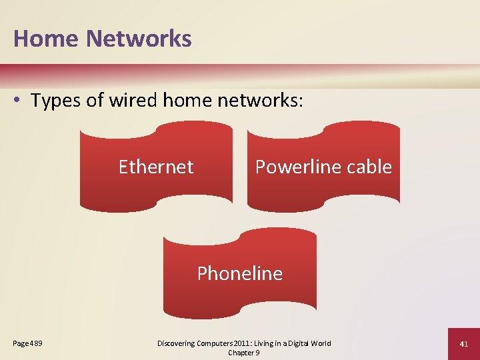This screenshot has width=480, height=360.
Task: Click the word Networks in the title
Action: [x=139, y=39]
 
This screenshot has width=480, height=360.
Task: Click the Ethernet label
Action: [x=156, y=166]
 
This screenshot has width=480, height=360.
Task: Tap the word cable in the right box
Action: [x=370, y=166]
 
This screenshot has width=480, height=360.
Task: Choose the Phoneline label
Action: [x=240, y=273]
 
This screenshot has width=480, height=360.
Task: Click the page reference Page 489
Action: [x=28, y=343]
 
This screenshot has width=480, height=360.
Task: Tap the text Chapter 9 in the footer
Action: [x=243, y=353]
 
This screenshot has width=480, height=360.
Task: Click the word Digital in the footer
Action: [x=295, y=343]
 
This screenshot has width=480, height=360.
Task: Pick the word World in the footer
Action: [x=321, y=343]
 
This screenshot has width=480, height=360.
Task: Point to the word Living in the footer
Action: [x=261, y=343]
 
